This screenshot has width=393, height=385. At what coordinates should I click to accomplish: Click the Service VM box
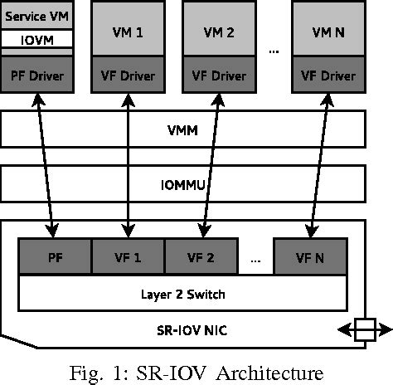(37, 15)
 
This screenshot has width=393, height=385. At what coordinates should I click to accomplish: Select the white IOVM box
(37, 39)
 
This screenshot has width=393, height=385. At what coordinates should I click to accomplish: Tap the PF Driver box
(37, 74)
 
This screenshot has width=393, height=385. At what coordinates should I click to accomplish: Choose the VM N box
(327, 33)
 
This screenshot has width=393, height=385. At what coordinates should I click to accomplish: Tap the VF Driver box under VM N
(327, 74)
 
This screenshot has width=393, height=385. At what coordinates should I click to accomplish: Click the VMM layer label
(183, 129)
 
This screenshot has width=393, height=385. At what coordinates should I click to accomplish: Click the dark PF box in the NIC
(55, 256)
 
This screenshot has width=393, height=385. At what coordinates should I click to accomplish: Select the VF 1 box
(128, 256)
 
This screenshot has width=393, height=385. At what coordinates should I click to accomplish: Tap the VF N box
(309, 256)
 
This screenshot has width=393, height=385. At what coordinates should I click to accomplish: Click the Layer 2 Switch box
(182, 293)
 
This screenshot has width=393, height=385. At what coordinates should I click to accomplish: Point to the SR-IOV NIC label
(182, 330)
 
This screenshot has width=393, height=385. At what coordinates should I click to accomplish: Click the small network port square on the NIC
(365, 330)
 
